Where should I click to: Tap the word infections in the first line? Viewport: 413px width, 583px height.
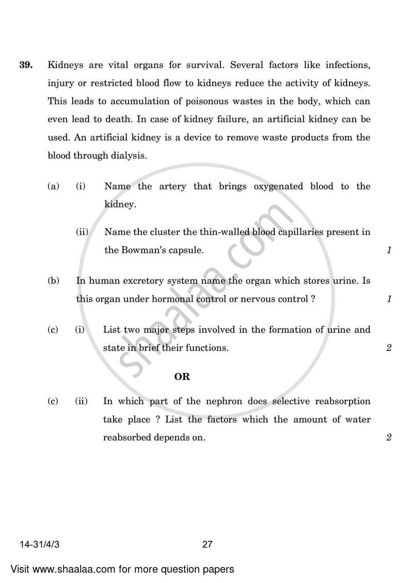click(x=348, y=65)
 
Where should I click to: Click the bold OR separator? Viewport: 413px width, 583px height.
click(x=182, y=377)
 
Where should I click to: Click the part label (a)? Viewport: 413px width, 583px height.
click(x=53, y=186)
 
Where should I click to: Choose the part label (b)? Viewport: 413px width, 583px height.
click(x=53, y=281)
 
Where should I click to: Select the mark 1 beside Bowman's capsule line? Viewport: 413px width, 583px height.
click(x=389, y=251)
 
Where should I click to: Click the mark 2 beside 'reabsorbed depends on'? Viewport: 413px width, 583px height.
click(x=389, y=438)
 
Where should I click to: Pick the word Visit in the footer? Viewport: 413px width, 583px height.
click(x=21, y=570)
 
